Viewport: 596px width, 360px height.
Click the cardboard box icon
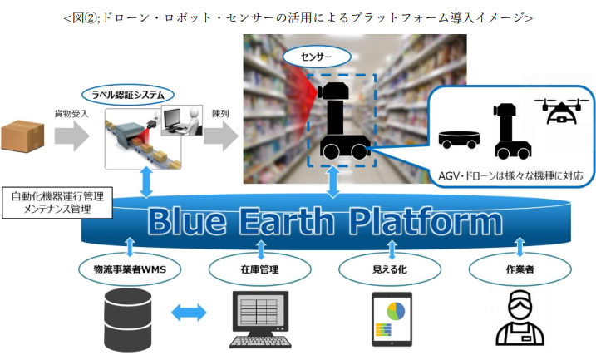[22, 136]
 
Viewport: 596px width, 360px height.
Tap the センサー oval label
[317, 57]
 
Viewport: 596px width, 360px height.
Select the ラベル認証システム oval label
[128, 95]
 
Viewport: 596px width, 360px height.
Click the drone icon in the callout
[561, 111]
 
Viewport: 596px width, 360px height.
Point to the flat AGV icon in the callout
[459, 140]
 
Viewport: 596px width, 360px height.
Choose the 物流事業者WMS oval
[130, 269]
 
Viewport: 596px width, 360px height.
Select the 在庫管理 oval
[259, 269]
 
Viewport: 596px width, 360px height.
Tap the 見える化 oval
[390, 269]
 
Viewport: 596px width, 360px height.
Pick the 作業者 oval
[520, 269]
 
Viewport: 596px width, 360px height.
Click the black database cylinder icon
[128, 320]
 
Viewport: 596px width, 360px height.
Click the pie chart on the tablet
[396, 311]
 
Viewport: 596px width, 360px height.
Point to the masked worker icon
[520, 318]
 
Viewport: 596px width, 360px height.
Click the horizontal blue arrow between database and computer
[189, 313]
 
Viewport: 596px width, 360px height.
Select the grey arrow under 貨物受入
[71, 136]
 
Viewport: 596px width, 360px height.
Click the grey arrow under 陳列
[221, 136]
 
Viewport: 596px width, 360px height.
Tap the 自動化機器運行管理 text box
[57, 203]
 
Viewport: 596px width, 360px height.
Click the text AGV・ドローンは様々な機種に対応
[510, 175]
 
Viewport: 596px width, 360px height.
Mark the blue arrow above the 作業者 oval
[520, 247]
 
